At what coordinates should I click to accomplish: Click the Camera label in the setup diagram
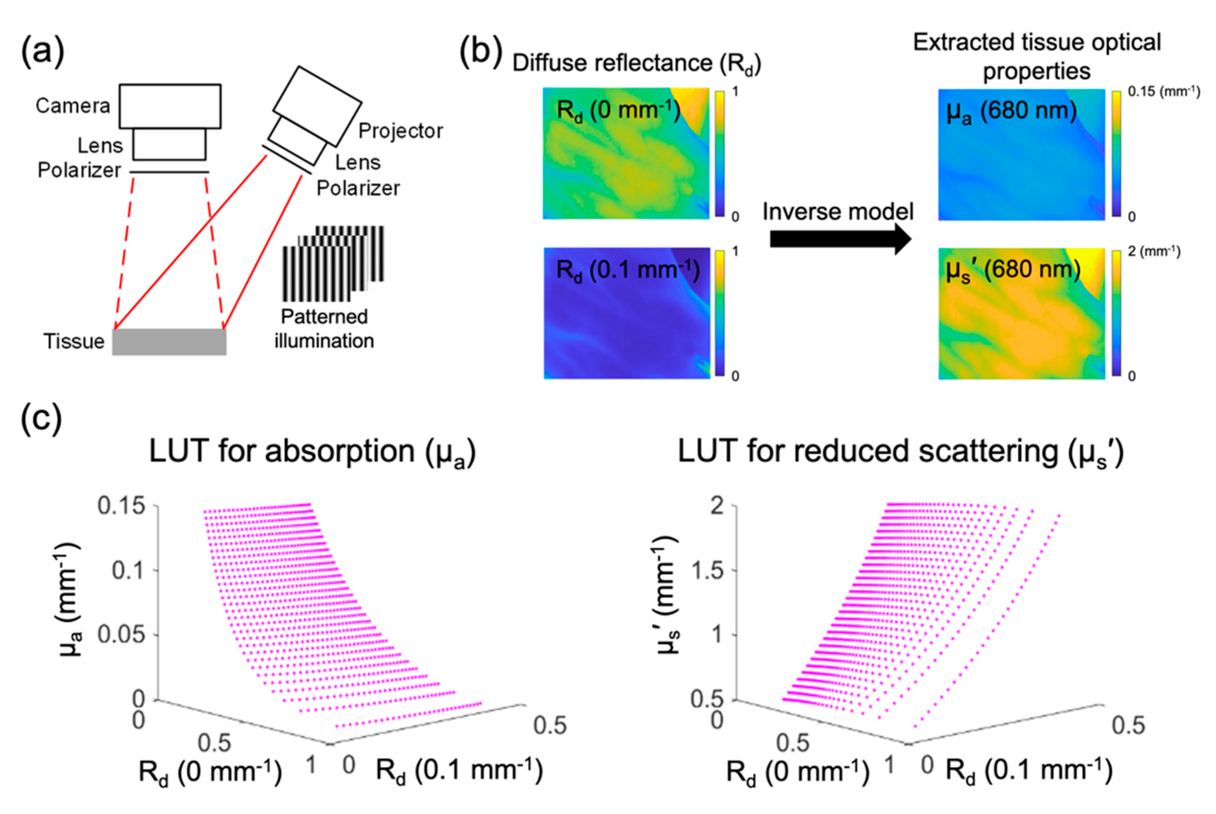pyautogui.click(x=73, y=106)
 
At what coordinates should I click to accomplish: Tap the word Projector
pyautogui.click(x=401, y=131)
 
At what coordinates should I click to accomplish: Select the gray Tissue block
pyautogui.click(x=169, y=342)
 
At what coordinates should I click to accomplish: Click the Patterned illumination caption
pyautogui.click(x=324, y=329)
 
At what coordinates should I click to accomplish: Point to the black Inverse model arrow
pyautogui.click(x=840, y=239)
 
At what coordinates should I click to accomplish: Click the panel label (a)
pyautogui.click(x=42, y=53)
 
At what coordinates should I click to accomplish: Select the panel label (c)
pyautogui.click(x=42, y=420)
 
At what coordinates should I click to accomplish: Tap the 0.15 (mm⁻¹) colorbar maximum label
pyautogui.click(x=1164, y=92)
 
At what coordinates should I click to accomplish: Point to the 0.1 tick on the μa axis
pyautogui.click(x=128, y=571)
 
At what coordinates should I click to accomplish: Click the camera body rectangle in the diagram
pyautogui.click(x=170, y=106)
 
